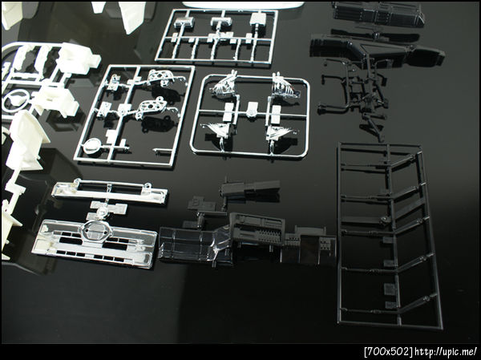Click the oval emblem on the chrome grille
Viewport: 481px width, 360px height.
tap(95, 229)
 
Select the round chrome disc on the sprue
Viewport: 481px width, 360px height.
tap(92, 145)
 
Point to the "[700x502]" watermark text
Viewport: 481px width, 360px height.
tap(388, 352)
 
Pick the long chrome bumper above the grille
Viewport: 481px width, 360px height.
tap(110, 191)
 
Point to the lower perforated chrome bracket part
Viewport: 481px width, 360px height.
tap(152, 107)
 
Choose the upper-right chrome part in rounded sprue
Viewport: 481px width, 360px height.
tap(285, 87)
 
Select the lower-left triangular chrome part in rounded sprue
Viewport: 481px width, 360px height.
tap(218, 130)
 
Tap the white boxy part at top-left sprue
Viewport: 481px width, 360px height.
tap(79, 59)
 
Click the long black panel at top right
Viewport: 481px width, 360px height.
tap(378, 14)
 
